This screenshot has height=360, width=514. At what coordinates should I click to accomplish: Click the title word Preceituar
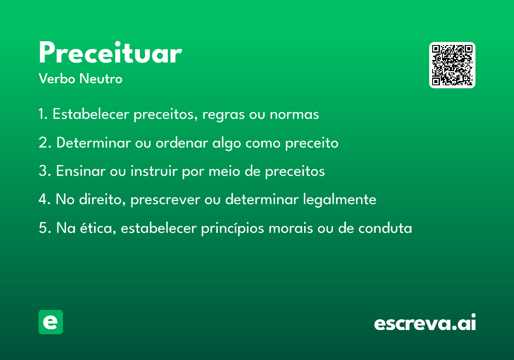[x=111, y=52]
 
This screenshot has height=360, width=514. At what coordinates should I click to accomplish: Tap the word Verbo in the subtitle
[x=57, y=78]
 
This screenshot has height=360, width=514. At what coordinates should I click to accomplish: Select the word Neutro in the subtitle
[x=101, y=78]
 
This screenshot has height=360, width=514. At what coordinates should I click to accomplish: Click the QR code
[x=452, y=65]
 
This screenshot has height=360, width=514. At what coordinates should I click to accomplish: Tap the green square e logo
[x=51, y=322]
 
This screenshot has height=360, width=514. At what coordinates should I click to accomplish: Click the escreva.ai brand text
[x=425, y=322]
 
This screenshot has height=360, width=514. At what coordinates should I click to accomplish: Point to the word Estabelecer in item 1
[x=91, y=114]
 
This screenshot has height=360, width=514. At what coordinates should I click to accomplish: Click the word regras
[x=224, y=115]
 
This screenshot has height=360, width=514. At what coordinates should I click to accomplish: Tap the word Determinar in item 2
[x=94, y=143]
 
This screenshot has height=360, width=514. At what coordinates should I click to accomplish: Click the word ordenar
[x=182, y=143]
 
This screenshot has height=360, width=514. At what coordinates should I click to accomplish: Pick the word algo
[x=227, y=144]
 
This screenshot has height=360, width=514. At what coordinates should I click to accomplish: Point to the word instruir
[x=154, y=171]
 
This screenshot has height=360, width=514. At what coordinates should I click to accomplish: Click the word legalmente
[x=340, y=200]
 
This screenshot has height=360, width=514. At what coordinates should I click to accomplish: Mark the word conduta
[x=385, y=228]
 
